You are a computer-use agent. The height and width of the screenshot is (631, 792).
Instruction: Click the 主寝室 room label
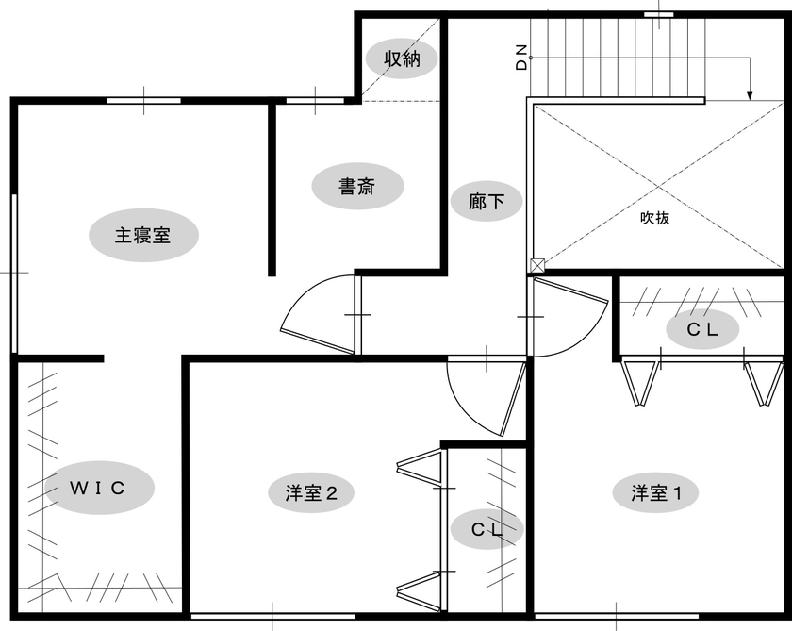(x=142, y=236)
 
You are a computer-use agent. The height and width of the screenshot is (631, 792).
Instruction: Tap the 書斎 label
(x=357, y=187)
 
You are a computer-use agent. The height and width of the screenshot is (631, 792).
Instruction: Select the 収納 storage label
(x=402, y=59)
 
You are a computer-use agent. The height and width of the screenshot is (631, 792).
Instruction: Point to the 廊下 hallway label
(x=486, y=202)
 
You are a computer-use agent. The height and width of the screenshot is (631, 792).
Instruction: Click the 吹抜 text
(x=654, y=218)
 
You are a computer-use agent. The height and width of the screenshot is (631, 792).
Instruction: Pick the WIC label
(x=97, y=488)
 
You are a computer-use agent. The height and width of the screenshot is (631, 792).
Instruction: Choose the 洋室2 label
(x=311, y=492)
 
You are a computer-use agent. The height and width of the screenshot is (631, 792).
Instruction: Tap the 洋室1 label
(x=656, y=492)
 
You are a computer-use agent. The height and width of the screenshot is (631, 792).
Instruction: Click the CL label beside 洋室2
(x=487, y=529)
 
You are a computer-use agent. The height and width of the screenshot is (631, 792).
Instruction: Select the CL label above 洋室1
(x=702, y=329)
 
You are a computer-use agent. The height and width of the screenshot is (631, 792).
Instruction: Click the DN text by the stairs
(x=521, y=58)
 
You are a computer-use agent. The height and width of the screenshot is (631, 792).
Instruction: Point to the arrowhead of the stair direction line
(x=751, y=96)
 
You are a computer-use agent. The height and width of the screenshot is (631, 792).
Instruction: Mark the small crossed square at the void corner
(x=537, y=265)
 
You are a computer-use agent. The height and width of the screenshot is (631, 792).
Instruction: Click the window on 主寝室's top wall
(x=144, y=101)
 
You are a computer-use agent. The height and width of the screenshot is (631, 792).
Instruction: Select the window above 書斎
(x=315, y=101)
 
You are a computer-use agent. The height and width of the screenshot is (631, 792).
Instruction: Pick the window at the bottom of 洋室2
(x=272, y=616)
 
